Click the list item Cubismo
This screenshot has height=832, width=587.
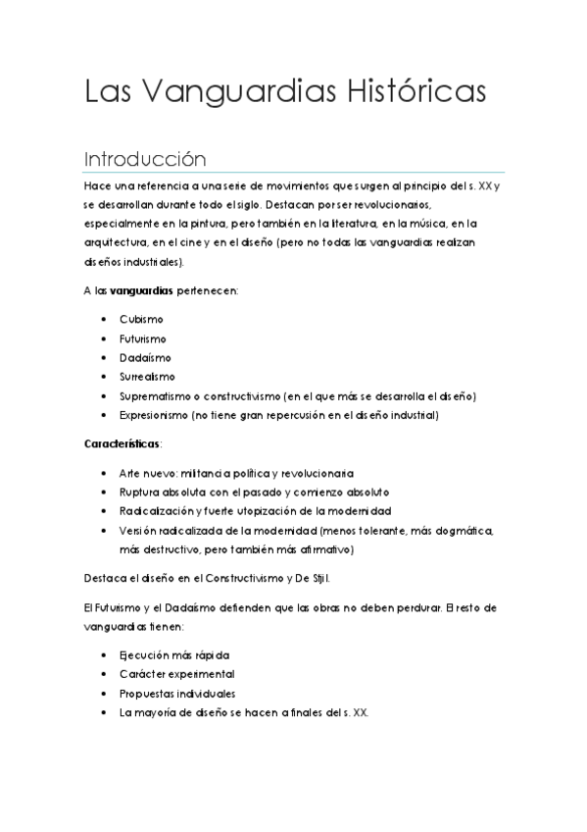141,320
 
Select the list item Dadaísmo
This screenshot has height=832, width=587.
145,358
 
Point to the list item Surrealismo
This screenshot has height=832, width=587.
147,377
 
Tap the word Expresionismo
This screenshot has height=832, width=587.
154,416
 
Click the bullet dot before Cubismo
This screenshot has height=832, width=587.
105,321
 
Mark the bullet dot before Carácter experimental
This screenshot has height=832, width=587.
105,675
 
